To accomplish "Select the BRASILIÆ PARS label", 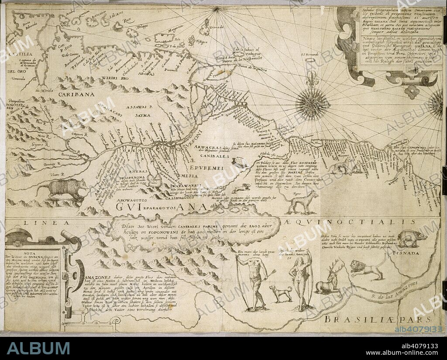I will coord(378,319).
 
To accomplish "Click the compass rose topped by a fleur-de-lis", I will coord(312,103).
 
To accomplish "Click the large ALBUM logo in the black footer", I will coord(38,348).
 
